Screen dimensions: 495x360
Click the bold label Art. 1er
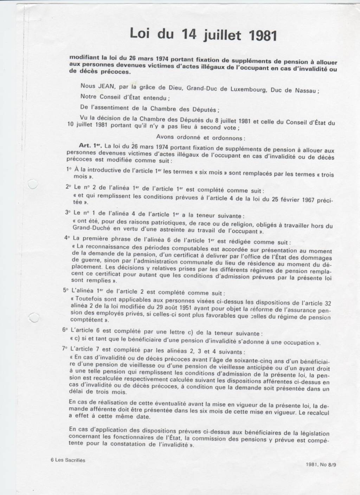coord(91,145)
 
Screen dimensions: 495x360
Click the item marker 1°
coord(69,169)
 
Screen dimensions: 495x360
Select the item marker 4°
coord(67,237)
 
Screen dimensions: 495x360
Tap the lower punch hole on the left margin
coord(33,318)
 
